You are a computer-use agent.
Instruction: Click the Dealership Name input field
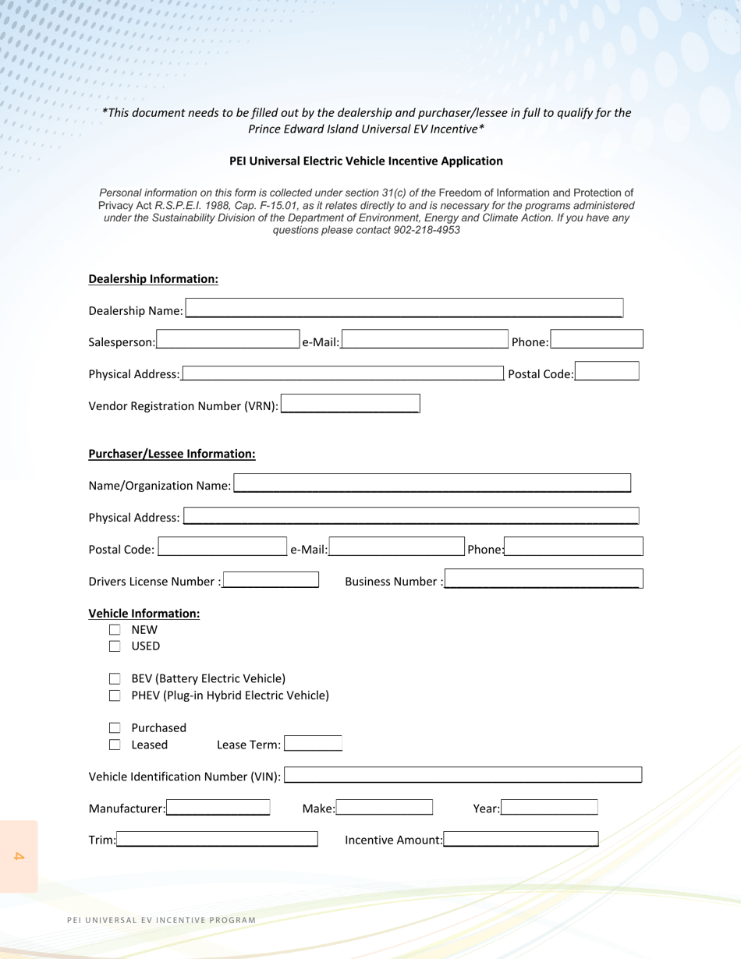[403, 309]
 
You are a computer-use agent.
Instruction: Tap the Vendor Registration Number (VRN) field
[349, 405]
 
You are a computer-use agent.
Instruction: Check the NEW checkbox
[115, 630]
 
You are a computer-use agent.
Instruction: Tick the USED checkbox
[115, 646]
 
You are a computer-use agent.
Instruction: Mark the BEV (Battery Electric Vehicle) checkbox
[115, 678]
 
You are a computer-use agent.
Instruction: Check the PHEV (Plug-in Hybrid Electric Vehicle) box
[115, 695]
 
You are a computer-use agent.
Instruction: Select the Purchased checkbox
[115, 728]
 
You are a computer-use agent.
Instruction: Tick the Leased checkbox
[115, 745]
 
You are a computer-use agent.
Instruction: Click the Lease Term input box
[313, 744]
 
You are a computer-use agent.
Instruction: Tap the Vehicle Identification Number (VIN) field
[463, 775]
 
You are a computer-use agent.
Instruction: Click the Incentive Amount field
[521, 839]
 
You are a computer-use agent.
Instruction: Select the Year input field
[549, 808]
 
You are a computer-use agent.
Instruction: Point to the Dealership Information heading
[154, 278]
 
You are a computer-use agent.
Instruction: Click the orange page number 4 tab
[19, 856]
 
